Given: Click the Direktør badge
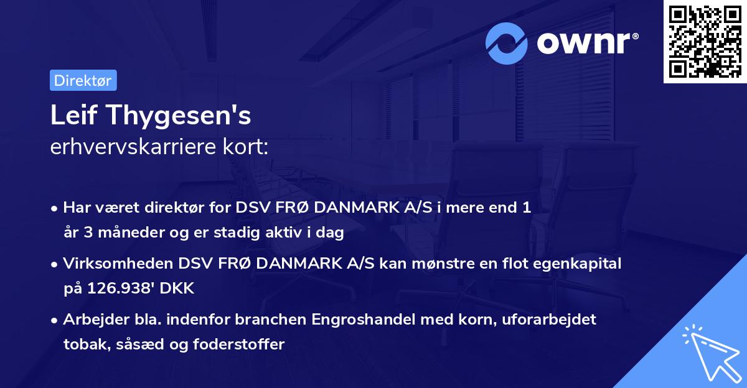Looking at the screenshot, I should coord(83,80).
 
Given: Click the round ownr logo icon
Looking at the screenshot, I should coord(507,43).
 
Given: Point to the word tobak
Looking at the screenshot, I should coord(85,344).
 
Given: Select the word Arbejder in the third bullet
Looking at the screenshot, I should coord(92,320).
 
